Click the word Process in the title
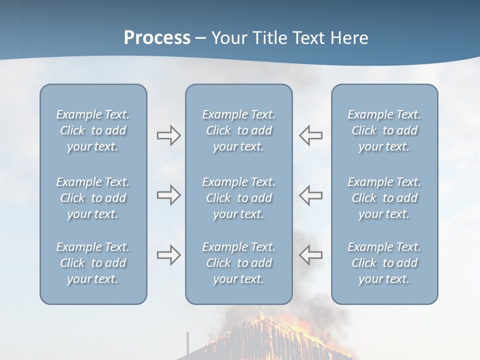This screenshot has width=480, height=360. coord(157,38)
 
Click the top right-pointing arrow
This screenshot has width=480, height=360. coord(168,135)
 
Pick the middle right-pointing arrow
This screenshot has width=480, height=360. coord(168,195)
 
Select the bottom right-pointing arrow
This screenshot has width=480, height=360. coord(168,254)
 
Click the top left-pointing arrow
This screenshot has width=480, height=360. coord(310,135)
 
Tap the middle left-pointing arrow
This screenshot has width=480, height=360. coord(310,195)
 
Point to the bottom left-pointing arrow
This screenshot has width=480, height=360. coord(310,254)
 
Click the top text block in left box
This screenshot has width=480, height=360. coord(93,130)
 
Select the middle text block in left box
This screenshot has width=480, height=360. coord(93,198)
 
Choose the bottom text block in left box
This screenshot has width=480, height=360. coord(93,263)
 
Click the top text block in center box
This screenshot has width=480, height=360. coord(238,130)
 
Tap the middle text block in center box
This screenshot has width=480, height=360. coord(238,198)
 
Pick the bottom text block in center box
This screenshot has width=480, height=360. coord(238,263)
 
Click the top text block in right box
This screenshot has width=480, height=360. coord(384,130)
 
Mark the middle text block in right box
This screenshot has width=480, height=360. coord(384,198)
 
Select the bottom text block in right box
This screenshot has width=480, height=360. coord(384,263)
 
